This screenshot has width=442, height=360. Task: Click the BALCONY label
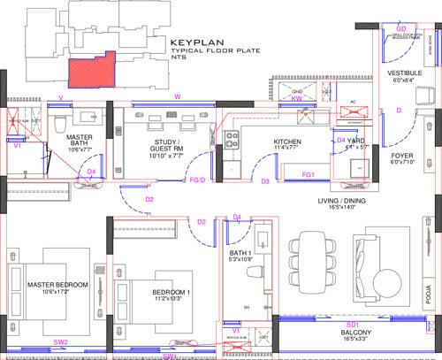tap(352, 333)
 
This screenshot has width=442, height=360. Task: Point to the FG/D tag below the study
tap(198, 181)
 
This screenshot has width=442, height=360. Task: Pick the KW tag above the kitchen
tap(295, 100)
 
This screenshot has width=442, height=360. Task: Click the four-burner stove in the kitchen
tap(235, 138)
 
